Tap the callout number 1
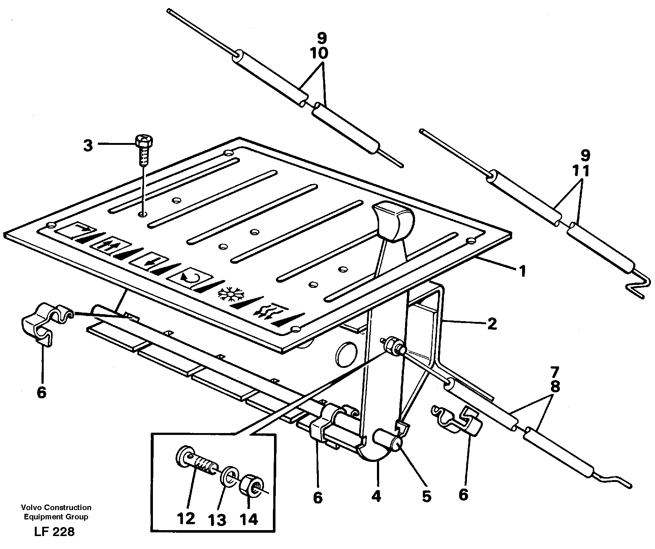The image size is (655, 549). [522, 272]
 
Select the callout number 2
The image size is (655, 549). [491, 324]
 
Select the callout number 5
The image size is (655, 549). [427, 496]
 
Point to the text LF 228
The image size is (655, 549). [54, 532]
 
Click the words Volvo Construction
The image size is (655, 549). [56, 508]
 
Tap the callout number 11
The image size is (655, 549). [581, 171]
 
